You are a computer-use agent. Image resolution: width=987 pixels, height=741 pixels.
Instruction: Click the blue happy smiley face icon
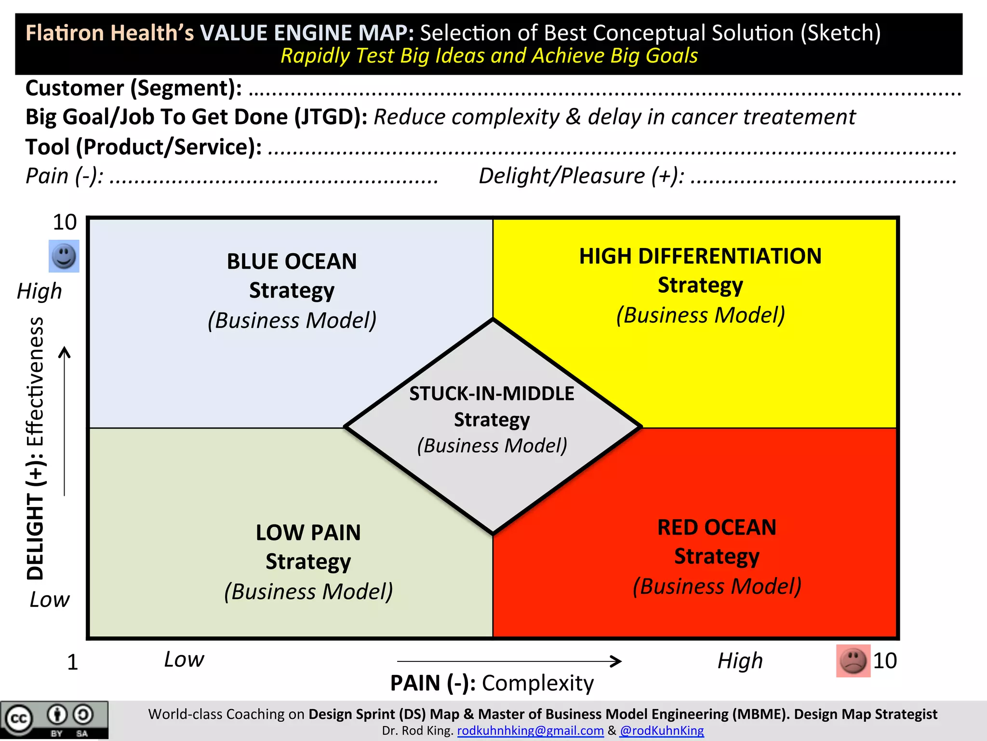(x=64, y=256)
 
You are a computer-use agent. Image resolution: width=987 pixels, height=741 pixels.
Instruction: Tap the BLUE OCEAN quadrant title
(x=292, y=262)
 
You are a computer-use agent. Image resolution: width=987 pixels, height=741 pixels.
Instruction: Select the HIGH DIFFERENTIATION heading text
(x=700, y=256)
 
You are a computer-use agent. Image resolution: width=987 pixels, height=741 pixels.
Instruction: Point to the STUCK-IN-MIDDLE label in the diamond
(x=492, y=394)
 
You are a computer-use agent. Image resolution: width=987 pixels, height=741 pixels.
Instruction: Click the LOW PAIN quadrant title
(x=308, y=533)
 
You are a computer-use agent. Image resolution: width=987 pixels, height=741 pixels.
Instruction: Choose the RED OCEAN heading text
(x=717, y=527)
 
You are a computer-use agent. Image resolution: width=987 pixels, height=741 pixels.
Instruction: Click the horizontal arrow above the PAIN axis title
(x=509, y=661)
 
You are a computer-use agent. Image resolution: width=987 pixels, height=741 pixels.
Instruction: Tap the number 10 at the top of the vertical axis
(x=65, y=222)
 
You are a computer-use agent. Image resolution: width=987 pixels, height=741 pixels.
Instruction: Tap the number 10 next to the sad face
(x=885, y=661)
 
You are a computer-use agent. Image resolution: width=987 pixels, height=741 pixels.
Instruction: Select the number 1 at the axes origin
(x=72, y=662)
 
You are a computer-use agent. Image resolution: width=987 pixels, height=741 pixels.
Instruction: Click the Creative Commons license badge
(x=54, y=720)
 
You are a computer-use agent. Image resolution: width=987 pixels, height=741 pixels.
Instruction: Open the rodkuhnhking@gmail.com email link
(x=530, y=731)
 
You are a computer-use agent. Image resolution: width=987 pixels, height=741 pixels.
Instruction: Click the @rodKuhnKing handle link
(x=662, y=731)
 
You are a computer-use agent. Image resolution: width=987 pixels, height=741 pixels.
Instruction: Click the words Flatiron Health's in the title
(x=110, y=33)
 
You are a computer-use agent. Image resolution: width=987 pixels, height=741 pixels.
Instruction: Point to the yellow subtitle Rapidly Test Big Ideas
(x=489, y=56)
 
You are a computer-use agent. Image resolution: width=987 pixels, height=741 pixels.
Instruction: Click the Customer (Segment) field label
(x=133, y=88)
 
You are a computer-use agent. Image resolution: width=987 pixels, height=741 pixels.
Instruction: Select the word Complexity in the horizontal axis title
(x=538, y=683)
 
